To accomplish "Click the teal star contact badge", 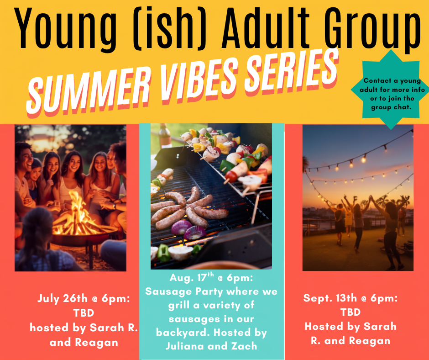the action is pyautogui.click(x=390, y=90).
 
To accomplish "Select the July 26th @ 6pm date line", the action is pyautogui.click(x=84, y=298).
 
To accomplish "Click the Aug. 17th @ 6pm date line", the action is pyautogui.click(x=211, y=277).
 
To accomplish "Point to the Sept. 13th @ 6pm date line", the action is pyautogui.click(x=351, y=298).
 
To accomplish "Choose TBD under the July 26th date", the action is pyautogui.click(x=84, y=312).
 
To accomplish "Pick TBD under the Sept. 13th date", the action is pyautogui.click(x=351, y=312).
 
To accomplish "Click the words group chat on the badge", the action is pyautogui.click(x=391, y=107).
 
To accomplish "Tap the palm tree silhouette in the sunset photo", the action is pyautogui.click(x=305, y=164).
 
